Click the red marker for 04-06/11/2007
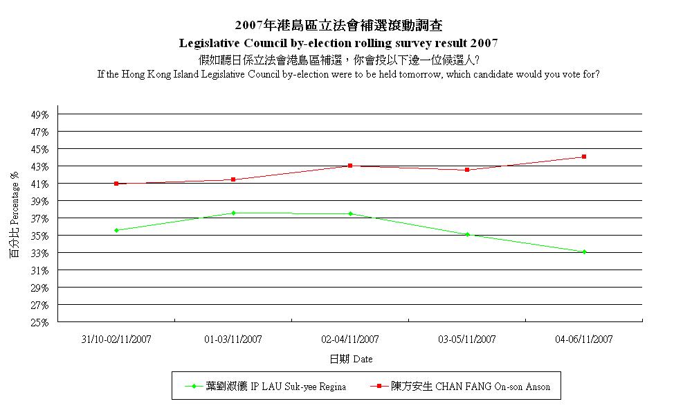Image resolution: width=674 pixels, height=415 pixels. click(584, 157)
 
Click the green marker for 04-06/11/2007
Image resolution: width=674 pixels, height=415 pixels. click(584, 252)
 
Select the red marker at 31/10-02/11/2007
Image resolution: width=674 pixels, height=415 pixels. click(116, 184)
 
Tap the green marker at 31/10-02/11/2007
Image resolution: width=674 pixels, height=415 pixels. click(116, 230)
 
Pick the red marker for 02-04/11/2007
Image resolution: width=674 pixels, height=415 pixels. click(350, 166)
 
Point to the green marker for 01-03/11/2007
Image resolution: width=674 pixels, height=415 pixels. click(233, 213)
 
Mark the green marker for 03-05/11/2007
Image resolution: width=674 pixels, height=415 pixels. click(467, 235)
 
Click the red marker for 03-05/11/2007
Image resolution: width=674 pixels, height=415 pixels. click(467, 170)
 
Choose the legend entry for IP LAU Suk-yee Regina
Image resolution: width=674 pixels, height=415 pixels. click(275, 387)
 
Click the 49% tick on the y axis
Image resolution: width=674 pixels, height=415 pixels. click(40, 114)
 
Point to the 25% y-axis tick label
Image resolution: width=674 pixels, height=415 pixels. click(40, 322)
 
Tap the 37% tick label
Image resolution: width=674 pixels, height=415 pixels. click(40, 218)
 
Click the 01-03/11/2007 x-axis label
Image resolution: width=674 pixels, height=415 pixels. click(233, 339)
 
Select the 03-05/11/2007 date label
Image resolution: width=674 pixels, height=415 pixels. click(467, 339)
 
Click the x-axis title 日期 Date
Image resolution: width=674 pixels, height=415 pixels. click(350, 360)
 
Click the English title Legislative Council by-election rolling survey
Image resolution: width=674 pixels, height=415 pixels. click(338, 43)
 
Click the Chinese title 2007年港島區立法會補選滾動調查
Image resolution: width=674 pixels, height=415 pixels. click(338, 26)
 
